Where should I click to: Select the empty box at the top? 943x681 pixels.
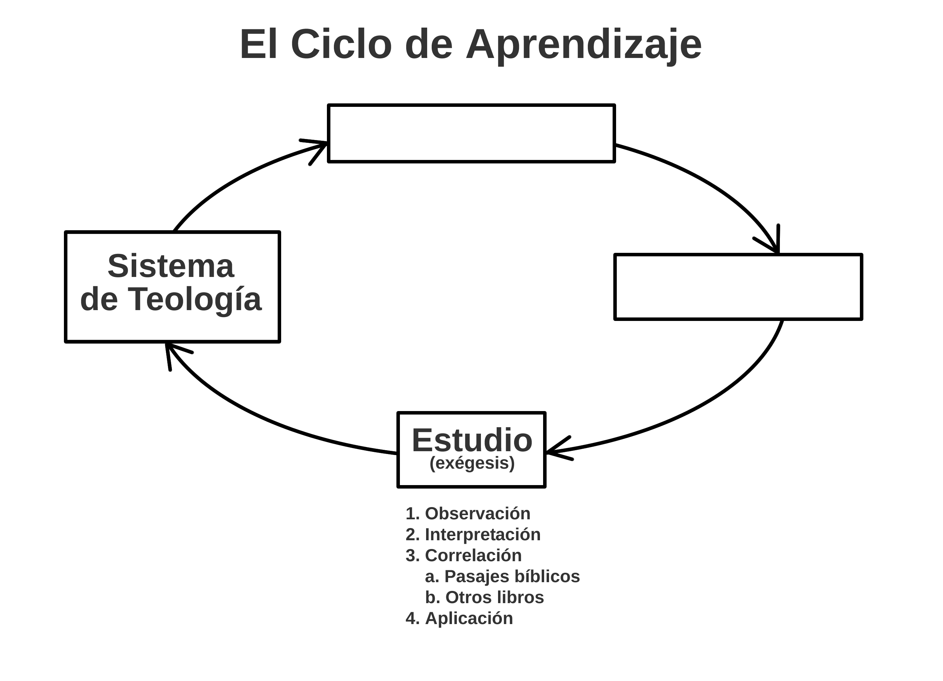[471, 133]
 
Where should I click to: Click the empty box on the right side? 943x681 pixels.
[738, 287]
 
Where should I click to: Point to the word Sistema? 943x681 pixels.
[171, 266]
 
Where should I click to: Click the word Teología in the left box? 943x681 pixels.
[194, 299]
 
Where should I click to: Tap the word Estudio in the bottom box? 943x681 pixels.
[472, 441]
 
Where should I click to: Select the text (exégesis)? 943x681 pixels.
[472, 463]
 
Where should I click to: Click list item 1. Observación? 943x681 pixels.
[468, 514]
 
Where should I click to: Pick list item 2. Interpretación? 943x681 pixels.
[473, 535]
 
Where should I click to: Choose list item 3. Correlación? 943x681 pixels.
[463, 555]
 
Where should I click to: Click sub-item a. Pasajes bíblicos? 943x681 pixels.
[502, 577]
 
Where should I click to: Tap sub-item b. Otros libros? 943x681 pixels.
[484, 598]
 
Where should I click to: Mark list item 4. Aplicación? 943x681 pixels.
[459, 618]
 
